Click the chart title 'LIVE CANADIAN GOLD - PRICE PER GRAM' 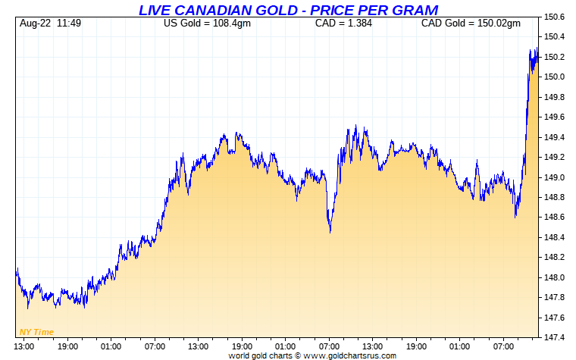point(288,10)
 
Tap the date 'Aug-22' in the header point(34,23)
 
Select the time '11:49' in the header point(69,23)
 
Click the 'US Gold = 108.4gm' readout point(207,23)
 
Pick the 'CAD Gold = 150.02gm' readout point(471,23)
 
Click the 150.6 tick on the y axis point(555,17)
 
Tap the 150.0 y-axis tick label point(555,77)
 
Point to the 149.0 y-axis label point(555,177)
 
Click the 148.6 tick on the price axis point(555,218)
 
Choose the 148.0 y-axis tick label point(555,277)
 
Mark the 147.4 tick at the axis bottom point(555,337)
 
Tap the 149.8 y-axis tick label point(555,97)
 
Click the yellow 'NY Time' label point(36,332)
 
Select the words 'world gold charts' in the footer point(260,355)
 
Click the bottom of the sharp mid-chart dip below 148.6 point(330,232)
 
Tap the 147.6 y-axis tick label point(555,318)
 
